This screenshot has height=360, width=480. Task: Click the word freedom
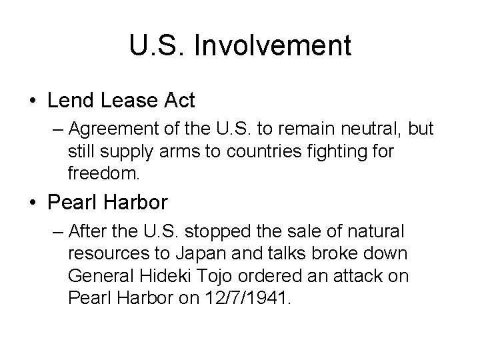pos(103,175)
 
